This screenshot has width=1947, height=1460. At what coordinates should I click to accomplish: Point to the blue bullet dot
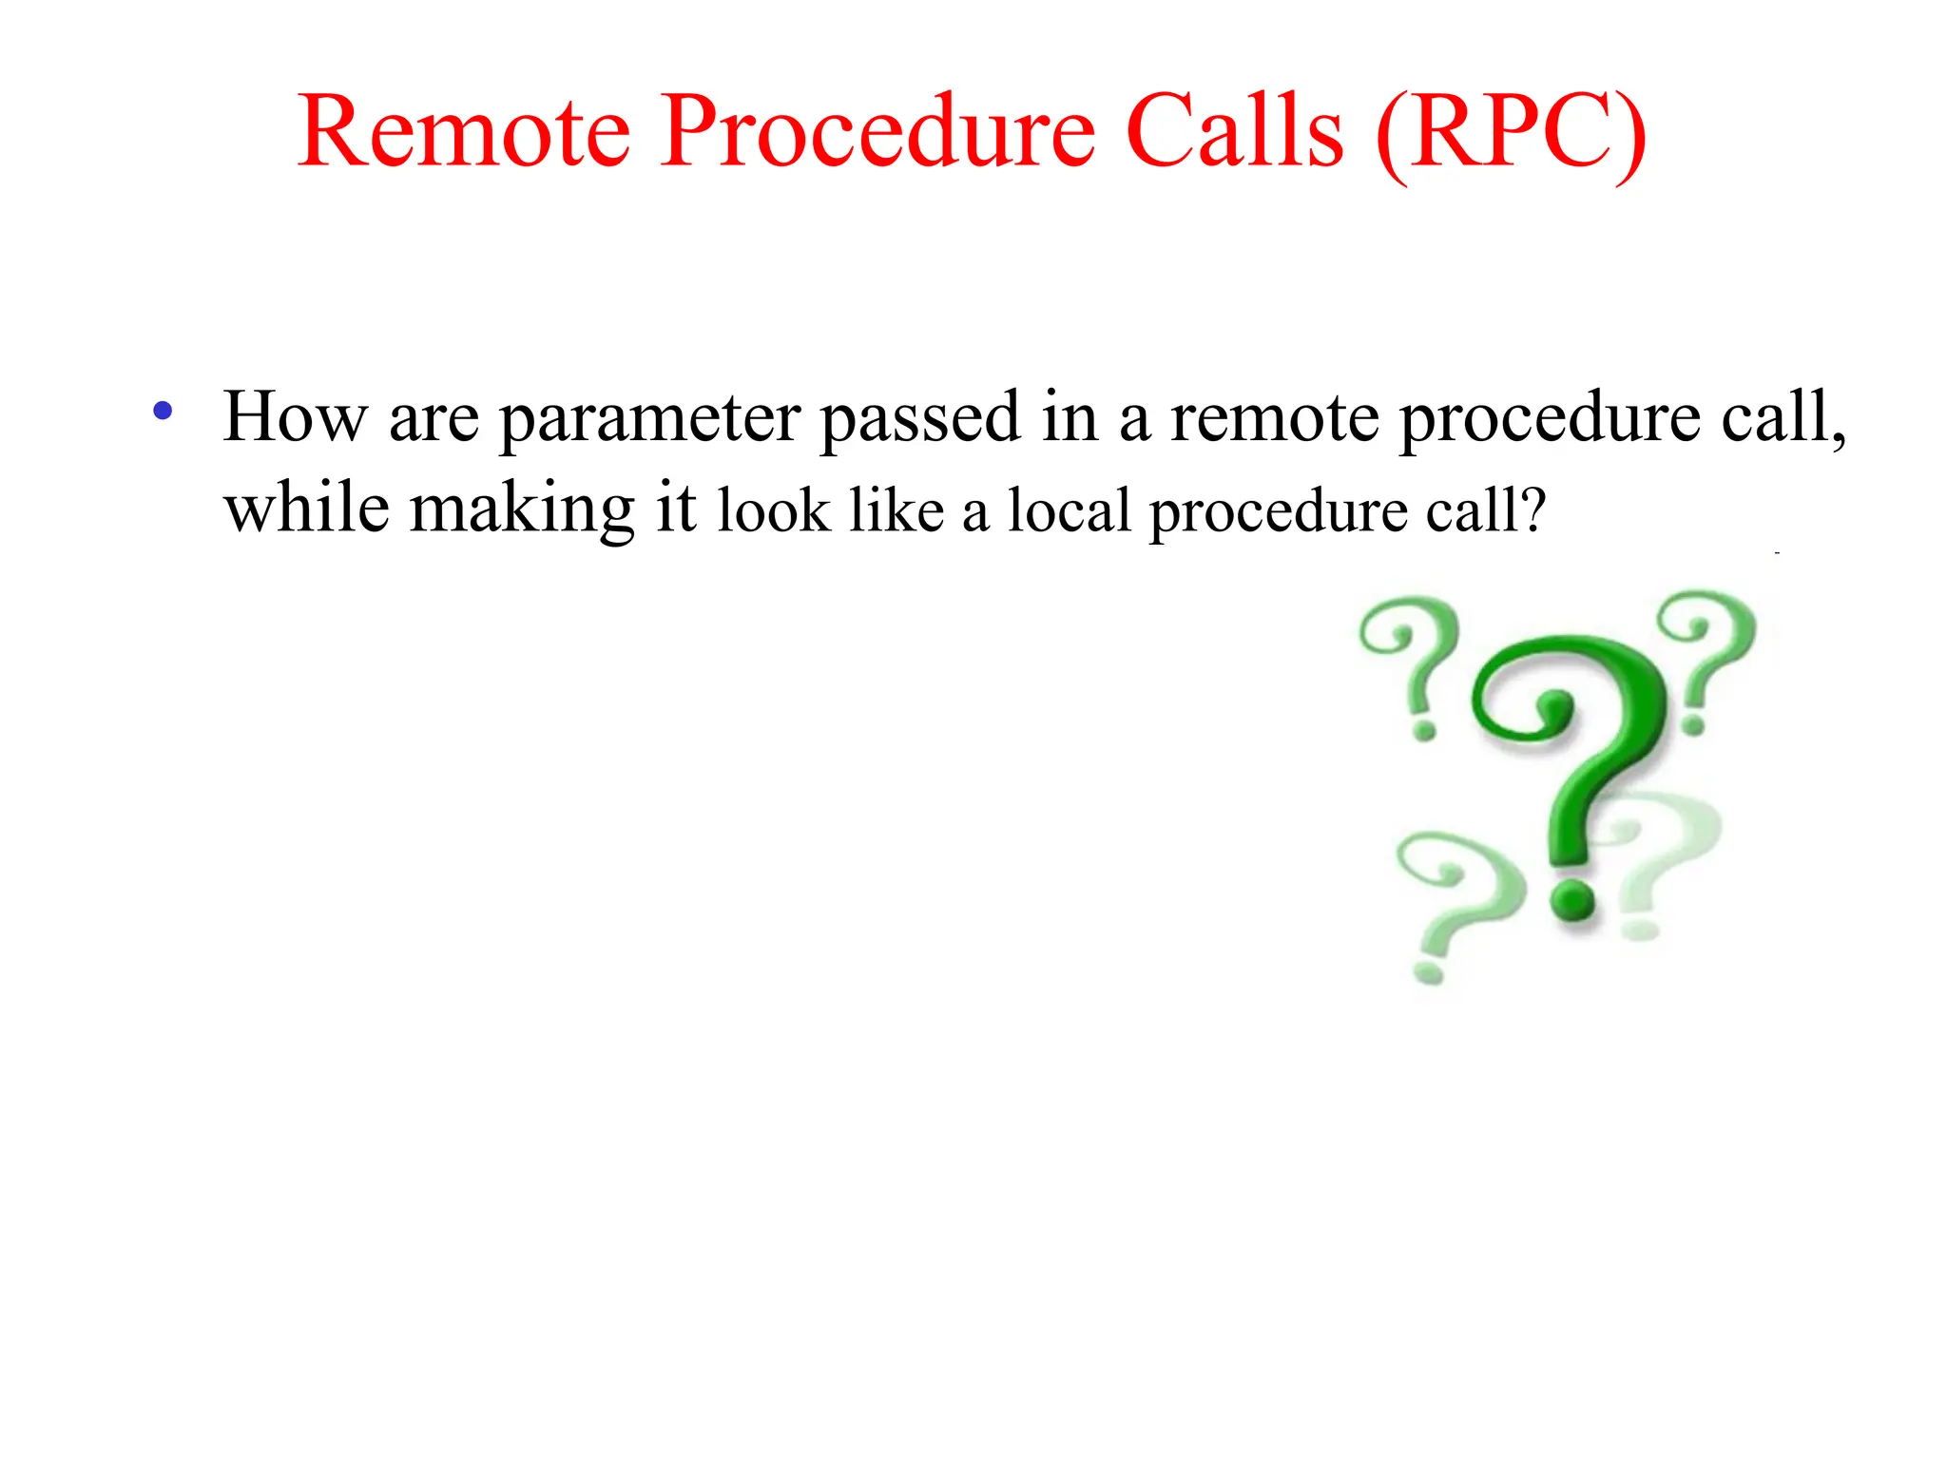coord(163,412)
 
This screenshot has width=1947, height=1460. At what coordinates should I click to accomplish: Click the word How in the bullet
coord(294,418)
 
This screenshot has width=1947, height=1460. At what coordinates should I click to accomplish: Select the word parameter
coord(649,420)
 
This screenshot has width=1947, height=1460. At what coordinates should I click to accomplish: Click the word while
coord(306,509)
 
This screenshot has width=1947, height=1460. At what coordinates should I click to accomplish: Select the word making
coord(521,510)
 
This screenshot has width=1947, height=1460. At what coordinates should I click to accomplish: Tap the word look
coord(774,511)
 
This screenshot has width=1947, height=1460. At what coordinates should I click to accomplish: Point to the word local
coord(1069,511)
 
